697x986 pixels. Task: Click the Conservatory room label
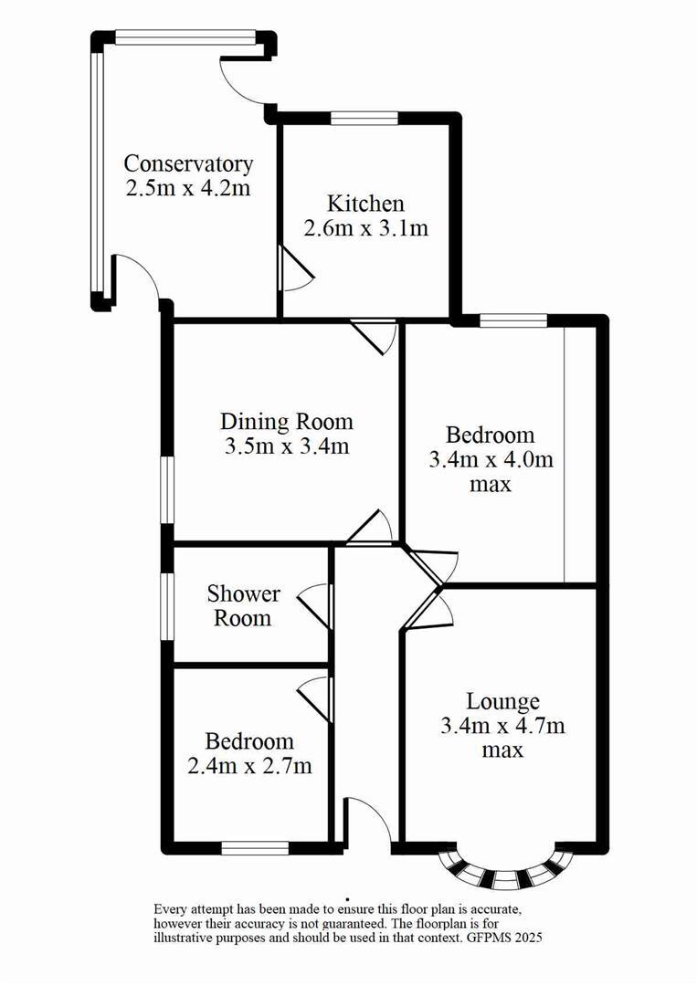(x=188, y=164)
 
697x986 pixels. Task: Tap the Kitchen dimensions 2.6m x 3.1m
(x=365, y=228)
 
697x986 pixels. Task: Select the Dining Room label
(x=286, y=422)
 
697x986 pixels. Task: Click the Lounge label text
(x=502, y=701)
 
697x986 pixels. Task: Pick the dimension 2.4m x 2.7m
(x=249, y=766)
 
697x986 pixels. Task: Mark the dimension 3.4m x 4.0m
(x=491, y=460)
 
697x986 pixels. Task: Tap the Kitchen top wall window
(x=364, y=117)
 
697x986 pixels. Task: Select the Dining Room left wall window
(x=168, y=489)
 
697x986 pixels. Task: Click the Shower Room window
(x=168, y=606)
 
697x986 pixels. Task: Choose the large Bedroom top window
(x=512, y=320)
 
